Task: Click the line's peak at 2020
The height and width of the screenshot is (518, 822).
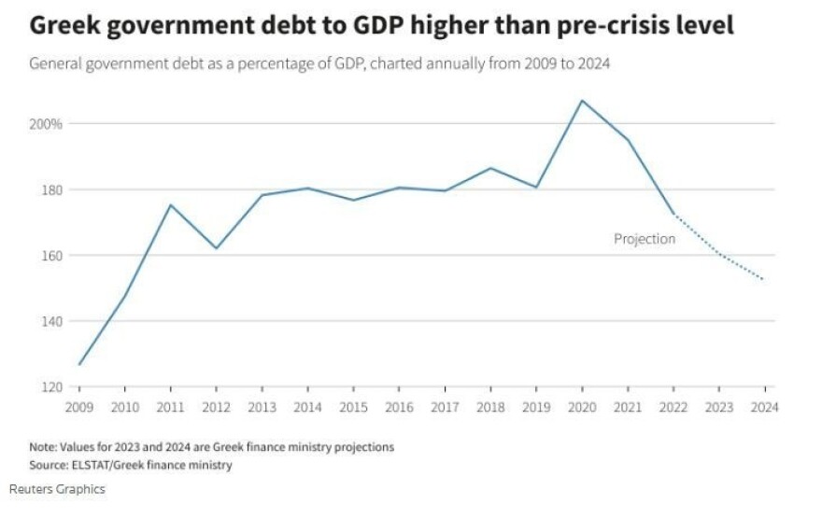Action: click(582, 100)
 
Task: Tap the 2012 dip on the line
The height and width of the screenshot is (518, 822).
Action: click(216, 248)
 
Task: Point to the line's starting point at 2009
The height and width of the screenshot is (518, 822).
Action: click(79, 365)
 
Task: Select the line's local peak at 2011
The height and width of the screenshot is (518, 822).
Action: click(170, 204)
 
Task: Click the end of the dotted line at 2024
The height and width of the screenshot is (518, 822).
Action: click(764, 280)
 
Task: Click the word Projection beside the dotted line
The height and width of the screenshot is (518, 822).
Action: click(644, 239)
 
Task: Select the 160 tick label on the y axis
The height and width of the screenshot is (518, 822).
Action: click(51, 256)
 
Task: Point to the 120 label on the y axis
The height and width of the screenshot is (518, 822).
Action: click(51, 386)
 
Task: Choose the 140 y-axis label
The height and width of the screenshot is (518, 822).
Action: click(51, 321)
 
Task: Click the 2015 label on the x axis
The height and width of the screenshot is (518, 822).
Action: click(353, 407)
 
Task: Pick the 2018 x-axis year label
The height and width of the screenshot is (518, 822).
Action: click(490, 407)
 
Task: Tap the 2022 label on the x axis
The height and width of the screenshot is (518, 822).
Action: click(673, 407)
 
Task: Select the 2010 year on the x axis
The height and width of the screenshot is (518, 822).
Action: click(124, 407)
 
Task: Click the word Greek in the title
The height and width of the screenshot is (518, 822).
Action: click(68, 26)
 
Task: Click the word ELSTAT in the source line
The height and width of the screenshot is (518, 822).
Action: click(101, 465)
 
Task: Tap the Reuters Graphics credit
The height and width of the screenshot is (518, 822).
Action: click(57, 489)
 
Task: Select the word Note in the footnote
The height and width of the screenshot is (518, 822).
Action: click(44, 447)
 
